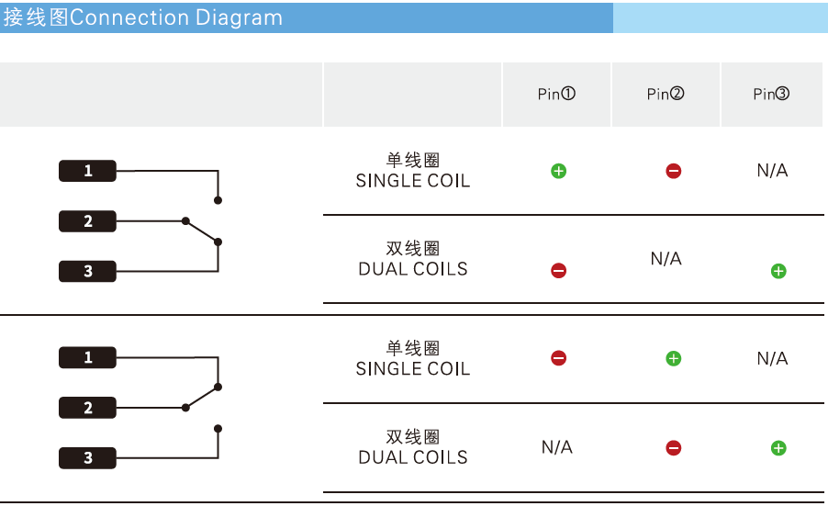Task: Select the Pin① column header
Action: click(556, 95)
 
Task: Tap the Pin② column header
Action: click(666, 95)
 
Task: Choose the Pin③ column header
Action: click(771, 95)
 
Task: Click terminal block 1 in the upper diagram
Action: click(88, 171)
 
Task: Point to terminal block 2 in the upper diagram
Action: click(88, 221)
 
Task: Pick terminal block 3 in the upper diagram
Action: click(88, 271)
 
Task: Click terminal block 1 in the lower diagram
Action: click(88, 357)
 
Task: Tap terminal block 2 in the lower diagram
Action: click(88, 408)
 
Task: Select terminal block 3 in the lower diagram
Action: click(88, 457)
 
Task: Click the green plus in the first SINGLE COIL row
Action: click(558, 171)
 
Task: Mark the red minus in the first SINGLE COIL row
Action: click(674, 171)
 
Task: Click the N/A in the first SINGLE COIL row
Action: click(772, 171)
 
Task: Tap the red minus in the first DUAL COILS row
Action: click(558, 271)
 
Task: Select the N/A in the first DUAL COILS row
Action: click(666, 259)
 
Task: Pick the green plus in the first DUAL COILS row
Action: click(778, 271)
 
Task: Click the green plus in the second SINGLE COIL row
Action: click(673, 358)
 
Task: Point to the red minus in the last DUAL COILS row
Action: click(673, 448)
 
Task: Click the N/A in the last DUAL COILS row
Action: click(556, 447)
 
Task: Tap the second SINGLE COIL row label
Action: click(413, 359)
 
